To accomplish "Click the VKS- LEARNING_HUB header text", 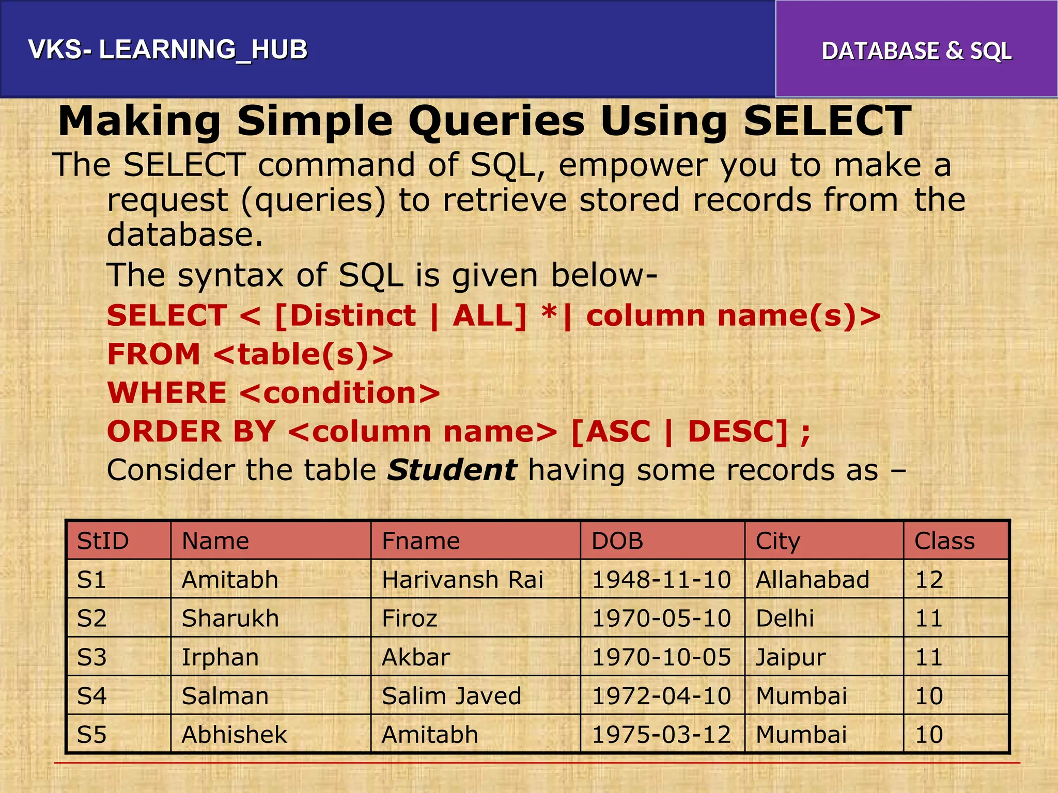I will pos(168,50).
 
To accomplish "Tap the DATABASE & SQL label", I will pos(916,51).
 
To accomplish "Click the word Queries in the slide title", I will pos(496,122).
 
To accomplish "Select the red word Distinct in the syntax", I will pos(353,315).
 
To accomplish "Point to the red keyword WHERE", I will pos(167,393).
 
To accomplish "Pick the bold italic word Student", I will pos(452,470).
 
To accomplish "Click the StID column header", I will pos(103,541).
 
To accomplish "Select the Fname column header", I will pos(421,541).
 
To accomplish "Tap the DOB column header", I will pos(617,541).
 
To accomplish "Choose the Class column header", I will pos(944,541).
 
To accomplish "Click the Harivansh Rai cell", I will pos(462,580).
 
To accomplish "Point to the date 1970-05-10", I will pos(661,618).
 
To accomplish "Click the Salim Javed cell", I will pos(452,696).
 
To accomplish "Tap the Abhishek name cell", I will pos(234,735).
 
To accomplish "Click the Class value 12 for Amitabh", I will pos(929,580).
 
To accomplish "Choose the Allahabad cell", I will pos(813,580).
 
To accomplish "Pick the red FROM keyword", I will pos(153,355).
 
